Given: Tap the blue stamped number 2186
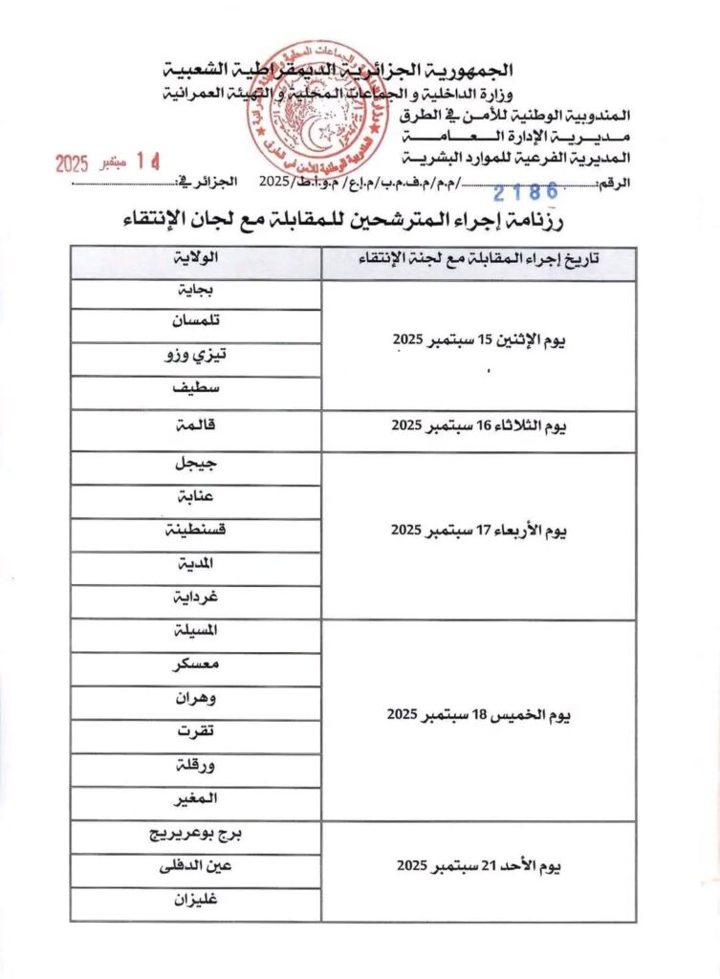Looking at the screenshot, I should click(x=526, y=192).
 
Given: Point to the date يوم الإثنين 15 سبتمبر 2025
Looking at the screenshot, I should click(x=478, y=341).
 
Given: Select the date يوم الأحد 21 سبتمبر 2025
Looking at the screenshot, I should click(x=478, y=866).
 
